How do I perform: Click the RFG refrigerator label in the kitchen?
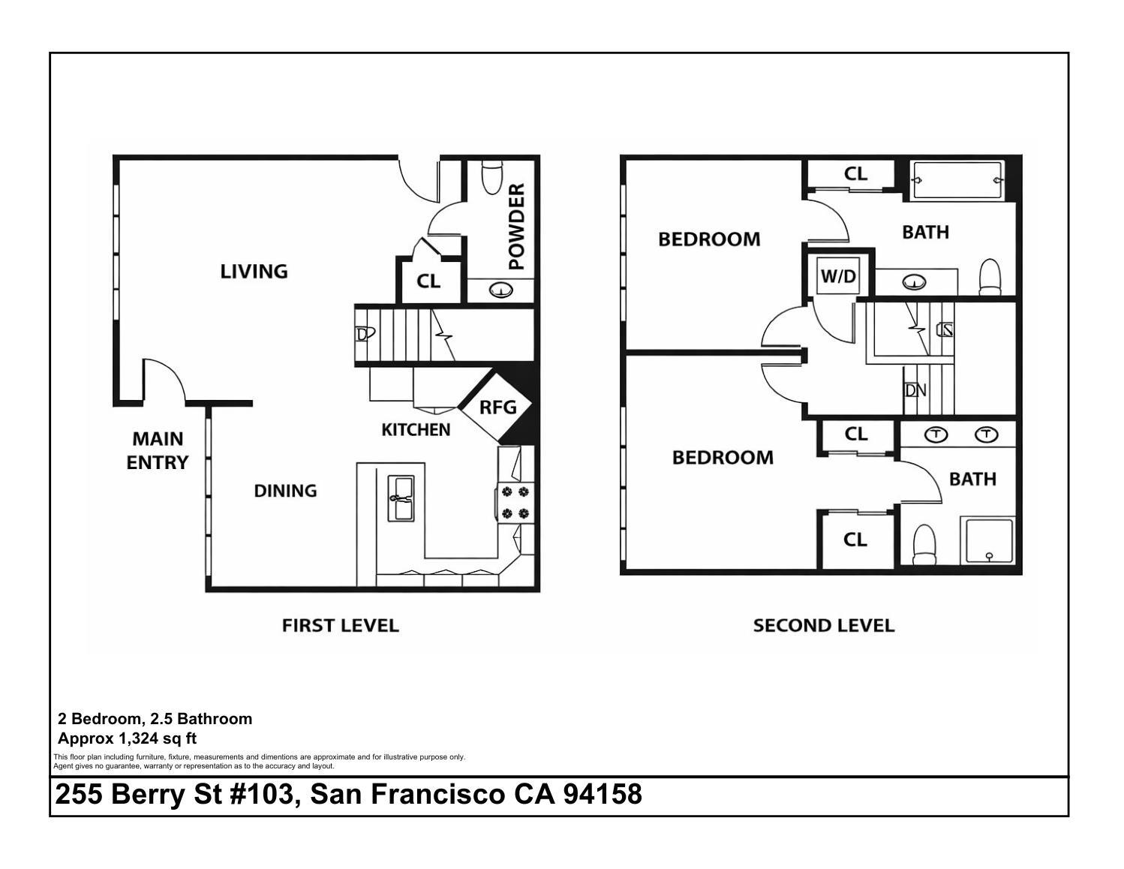tap(498, 407)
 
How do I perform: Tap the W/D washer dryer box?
tap(837, 276)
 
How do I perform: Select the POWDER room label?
tap(516, 227)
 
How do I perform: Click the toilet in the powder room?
tap(491, 177)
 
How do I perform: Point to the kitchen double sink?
tap(400, 498)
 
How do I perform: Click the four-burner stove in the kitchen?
tap(515, 503)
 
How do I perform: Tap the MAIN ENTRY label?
tap(157, 450)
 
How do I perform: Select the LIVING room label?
tap(254, 271)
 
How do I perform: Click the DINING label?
tap(285, 491)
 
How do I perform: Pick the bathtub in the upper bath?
tap(957, 180)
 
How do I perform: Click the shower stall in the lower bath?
tap(989, 541)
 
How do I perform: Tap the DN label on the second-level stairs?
tap(915, 390)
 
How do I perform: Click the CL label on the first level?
tap(428, 281)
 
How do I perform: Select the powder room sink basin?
tap(500, 289)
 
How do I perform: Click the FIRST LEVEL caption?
tap(340, 625)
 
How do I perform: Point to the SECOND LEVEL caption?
tap(823, 625)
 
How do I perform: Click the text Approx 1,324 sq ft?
tap(128, 738)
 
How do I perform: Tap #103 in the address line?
tap(260, 794)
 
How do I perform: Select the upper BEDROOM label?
tap(709, 239)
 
